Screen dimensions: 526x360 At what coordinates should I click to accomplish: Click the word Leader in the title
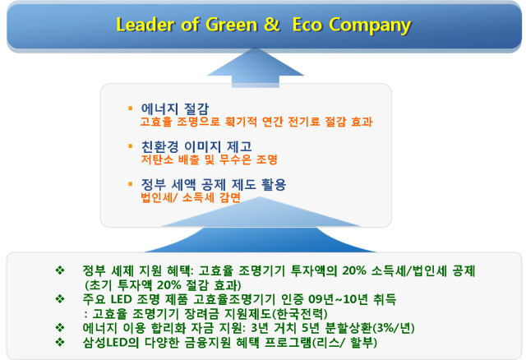145,25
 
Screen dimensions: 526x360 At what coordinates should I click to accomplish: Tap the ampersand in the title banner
271,24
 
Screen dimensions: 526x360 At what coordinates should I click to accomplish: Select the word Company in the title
370,25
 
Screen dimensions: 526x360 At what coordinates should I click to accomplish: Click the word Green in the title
231,25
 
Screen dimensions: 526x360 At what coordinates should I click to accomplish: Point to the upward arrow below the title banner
256,67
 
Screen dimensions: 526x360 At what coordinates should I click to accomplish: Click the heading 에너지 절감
175,108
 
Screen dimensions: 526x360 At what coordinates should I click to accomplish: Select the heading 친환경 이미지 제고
196,146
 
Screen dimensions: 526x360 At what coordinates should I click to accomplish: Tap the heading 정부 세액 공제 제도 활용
214,185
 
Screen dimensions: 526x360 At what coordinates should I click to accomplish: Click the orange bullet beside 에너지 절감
131,108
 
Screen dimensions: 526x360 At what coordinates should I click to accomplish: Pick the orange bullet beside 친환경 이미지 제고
131,146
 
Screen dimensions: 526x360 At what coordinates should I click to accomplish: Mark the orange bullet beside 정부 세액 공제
131,183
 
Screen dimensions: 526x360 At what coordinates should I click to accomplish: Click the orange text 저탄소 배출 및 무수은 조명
210,159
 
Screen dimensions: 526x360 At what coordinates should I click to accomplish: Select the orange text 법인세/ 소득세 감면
191,197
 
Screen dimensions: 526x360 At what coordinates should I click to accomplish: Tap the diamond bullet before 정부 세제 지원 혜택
60,270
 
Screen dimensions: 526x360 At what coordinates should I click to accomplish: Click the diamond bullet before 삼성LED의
60,342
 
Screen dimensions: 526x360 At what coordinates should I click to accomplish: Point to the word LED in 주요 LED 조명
121,298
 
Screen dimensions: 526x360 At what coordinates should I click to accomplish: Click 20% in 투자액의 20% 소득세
354,270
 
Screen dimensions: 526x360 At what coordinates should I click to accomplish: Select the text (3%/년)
394,327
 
